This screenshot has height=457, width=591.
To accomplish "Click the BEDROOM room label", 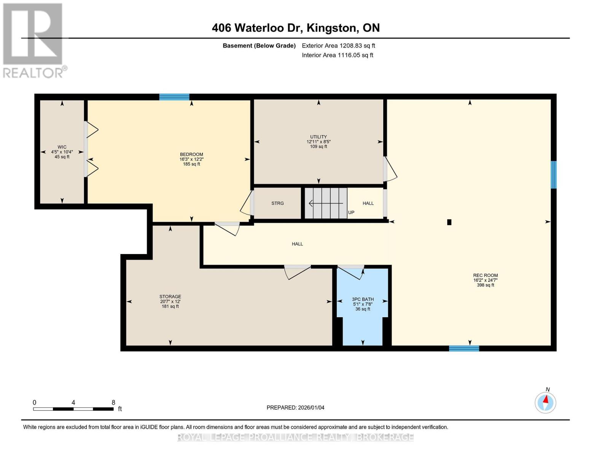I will click(x=191, y=154).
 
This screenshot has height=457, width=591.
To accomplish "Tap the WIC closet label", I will click(x=62, y=147).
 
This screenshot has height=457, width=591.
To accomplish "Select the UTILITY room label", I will click(x=319, y=137).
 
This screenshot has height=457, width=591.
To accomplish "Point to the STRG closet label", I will click(x=277, y=203).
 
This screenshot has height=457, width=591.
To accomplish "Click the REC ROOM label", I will click(x=485, y=275).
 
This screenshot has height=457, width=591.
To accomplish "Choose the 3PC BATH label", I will click(x=363, y=299).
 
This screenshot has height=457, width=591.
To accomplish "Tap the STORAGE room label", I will click(x=170, y=297).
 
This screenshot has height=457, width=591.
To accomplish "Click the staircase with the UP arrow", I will click(x=326, y=203).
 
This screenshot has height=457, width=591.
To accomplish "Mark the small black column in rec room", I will click(x=449, y=222).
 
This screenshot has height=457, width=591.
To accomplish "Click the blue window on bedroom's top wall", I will click(x=174, y=97).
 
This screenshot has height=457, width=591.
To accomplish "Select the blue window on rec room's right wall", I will click(x=554, y=175).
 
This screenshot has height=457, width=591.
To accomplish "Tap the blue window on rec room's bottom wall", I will click(x=464, y=348).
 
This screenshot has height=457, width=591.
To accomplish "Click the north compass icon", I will click(x=545, y=402).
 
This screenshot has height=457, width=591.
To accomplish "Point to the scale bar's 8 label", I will click(x=113, y=403).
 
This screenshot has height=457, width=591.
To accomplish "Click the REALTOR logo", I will click(x=33, y=40).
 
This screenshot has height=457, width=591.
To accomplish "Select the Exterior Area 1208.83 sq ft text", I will click(x=338, y=46).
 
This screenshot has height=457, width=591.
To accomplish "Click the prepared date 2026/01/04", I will click(x=295, y=407).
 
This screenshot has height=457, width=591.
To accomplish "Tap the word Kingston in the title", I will click(x=331, y=28).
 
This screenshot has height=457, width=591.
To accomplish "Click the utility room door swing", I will click(x=390, y=169).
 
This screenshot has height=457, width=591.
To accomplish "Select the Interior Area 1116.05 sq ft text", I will click(x=338, y=55).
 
